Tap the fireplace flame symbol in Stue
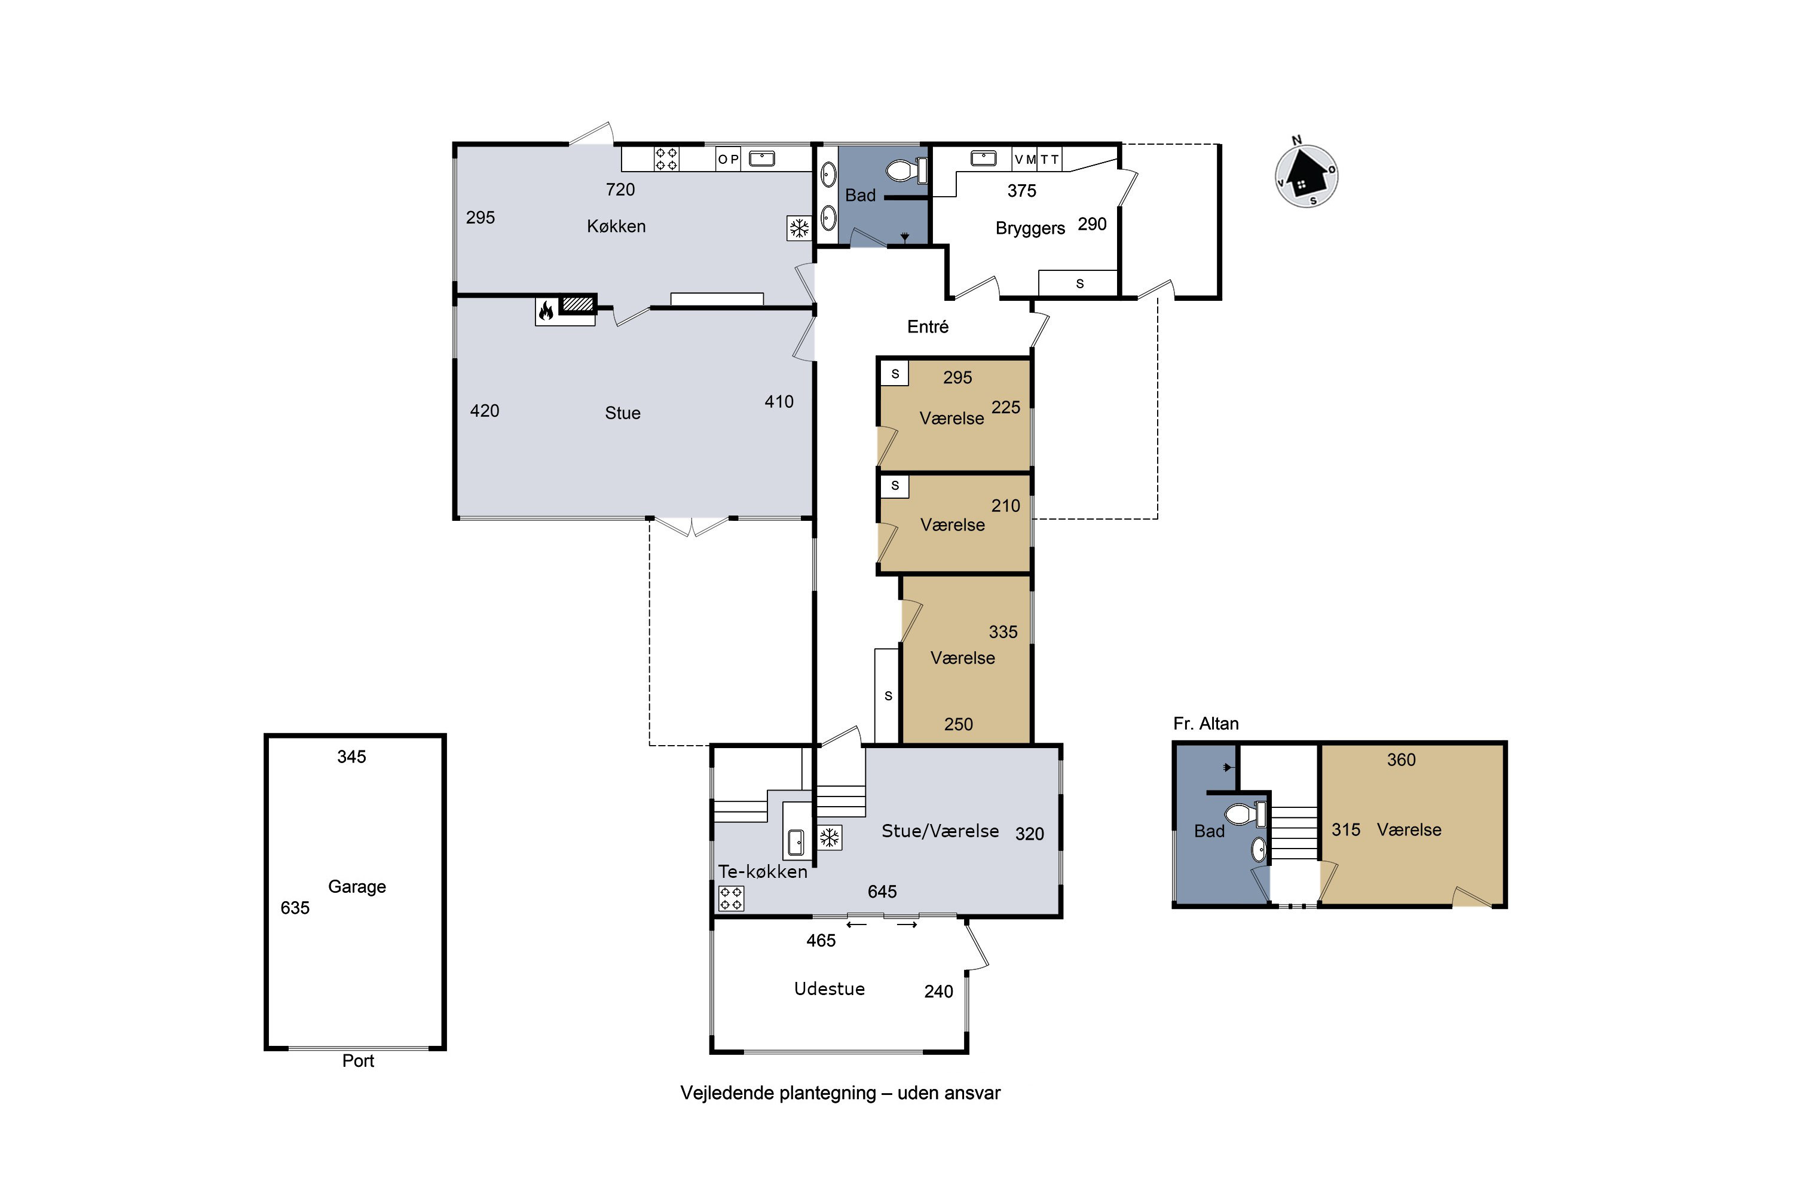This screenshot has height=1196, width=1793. [x=546, y=310]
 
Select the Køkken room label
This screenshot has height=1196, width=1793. [x=616, y=227]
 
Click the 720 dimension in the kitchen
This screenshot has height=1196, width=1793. [x=620, y=189]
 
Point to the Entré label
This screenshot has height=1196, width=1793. [x=928, y=327]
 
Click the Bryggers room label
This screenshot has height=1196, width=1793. [x=1030, y=228]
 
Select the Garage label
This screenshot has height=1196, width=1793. [x=357, y=886]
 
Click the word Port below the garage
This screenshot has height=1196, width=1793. [x=358, y=1061]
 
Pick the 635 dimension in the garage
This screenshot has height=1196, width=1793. [x=295, y=908]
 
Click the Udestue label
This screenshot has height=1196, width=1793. [x=830, y=988]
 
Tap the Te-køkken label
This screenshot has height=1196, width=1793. [x=763, y=872]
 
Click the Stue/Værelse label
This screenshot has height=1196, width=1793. [x=940, y=831]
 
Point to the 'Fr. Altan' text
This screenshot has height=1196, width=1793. [x=1206, y=724]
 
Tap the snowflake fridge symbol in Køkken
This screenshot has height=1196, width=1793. [x=799, y=228]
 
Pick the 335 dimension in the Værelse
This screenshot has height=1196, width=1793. [x=1003, y=631]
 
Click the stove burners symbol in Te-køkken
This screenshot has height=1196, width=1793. [x=731, y=899]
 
